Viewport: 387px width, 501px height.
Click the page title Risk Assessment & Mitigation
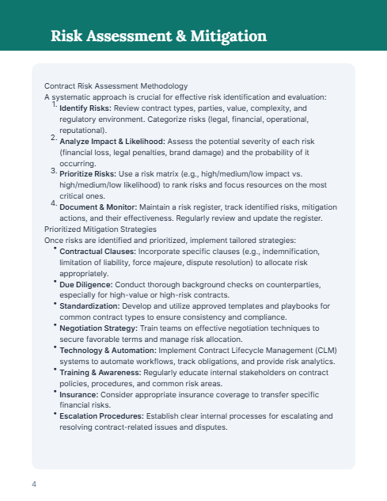pyautogui.click(x=158, y=36)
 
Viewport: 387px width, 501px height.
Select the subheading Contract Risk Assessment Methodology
pyautogui.click(x=116, y=85)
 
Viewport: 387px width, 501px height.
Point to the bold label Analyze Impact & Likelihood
pyautogui.click(x=112, y=140)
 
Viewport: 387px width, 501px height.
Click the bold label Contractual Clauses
pyautogui.click(x=92, y=251)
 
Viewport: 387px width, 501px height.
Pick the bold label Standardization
pyautogui.click(x=89, y=306)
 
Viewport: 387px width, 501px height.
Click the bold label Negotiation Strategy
pyautogui.click(x=97, y=327)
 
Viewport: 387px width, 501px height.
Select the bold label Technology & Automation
pyautogui.click(x=105, y=349)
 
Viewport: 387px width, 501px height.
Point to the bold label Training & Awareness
pyautogui.click(x=99, y=371)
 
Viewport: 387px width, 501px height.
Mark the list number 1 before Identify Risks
pyautogui.click(x=54, y=104)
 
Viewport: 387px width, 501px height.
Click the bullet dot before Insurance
pyautogui.click(x=55, y=391)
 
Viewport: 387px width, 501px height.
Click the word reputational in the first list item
pyautogui.click(x=82, y=129)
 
